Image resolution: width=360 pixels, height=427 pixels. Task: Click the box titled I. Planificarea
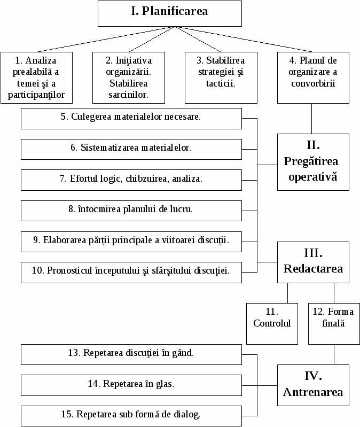pyautogui.click(x=170, y=13)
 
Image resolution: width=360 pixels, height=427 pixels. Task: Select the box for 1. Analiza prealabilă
pyautogui.click(x=36, y=77)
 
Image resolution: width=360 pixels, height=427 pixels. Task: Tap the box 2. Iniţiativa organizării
pyautogui.click(x=129, y=77)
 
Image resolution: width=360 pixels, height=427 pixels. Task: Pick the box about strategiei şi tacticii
pyautogui.click(x=221, y=77)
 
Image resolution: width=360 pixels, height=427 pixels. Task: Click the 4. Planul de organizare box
pyautogui.click(x=313, y=77)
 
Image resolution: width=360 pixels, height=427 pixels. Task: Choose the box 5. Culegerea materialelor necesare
pyautogui.click(x=131, y=119)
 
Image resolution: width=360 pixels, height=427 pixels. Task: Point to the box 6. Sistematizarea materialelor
pyautogui.click(x=131, y=150)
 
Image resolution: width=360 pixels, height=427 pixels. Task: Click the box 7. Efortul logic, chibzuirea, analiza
pyautogui.click(x=131, y=180)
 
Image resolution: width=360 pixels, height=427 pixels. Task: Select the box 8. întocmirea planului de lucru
pyautogui.click(x=131, y=211)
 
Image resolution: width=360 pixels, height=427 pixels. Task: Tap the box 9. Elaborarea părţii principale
pyautogui.click(x=131, y=242)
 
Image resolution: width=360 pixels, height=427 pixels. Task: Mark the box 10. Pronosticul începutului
pyautogui.click(x=131, y=273)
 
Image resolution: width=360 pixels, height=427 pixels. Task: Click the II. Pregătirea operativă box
pyautogui.click(x=313, y=162)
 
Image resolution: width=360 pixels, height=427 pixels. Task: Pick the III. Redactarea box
pyautogui.click(x=313, y=262)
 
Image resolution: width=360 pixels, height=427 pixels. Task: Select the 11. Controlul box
pyautogui.click(x=272, y=324)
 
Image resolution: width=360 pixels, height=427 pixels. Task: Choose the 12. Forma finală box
pyautogui.click(x=334, y=324)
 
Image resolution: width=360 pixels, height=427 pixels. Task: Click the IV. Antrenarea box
pyautogui.click(x=313, y=385)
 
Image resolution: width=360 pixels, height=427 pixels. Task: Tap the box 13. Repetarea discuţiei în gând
pyautogui.click(x=131, y=354)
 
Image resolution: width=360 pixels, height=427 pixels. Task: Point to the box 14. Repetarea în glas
pyautogui.click(x=131, y=385)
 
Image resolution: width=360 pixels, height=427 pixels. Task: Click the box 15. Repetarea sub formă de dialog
pyautogui.click(x=131, y=416)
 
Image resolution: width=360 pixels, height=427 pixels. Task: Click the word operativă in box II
pyautogui.click(x=313, y=177)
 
